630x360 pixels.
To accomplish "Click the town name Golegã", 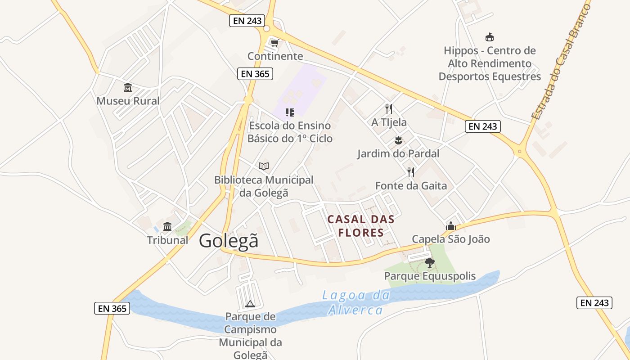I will click(229, 241).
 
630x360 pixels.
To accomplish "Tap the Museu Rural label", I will click(128, 101).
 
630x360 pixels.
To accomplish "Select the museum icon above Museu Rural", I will click(128, 87).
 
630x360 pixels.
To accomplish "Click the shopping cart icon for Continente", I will click(275, 43).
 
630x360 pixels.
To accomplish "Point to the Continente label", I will click(275, 56).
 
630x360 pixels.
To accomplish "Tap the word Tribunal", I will click(167, 240).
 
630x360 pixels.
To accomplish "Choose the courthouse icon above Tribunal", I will click(167, 226).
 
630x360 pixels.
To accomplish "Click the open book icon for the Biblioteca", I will click(264, 166).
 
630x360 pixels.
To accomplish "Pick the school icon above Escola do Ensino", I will click(290, 112).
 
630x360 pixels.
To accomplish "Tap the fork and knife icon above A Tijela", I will click(389, 108).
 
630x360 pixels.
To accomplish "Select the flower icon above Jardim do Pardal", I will click(398, 140).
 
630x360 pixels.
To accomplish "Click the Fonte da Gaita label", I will click(411, 185).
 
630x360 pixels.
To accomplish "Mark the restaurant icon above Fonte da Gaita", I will click(410, 172).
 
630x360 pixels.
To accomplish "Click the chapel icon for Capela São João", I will click(450, 226).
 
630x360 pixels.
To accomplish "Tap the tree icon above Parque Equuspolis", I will click(430, 262).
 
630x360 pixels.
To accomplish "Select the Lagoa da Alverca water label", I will click(355, 302).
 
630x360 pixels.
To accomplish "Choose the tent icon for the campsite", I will click(250, 304).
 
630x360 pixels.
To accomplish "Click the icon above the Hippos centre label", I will click(490, 37).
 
